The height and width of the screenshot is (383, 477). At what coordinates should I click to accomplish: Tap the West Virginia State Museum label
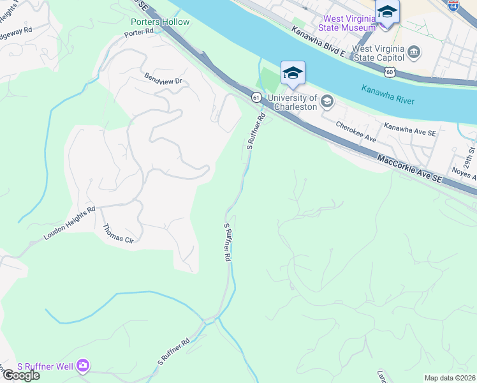pyautogui.click(x=349, y=23)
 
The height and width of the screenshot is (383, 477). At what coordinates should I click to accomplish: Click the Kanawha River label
pyautogui.click(x=388, y=93)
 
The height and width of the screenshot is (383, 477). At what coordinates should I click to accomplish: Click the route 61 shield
pyautogui.click(x=256, y=97)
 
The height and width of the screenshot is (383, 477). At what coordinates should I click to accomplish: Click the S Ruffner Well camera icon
pyautogui.click(x=82, y=366)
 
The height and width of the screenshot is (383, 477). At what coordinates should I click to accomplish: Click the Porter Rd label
pyautogui.click(x=140, y=31)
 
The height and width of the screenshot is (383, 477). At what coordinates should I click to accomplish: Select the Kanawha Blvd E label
pyautogui.click(x=318, y=41)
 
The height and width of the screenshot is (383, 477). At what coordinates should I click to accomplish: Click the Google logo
pyautogui.click(x=20, y=375)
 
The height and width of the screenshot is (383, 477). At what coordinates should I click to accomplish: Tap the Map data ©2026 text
pyautogui.click(x=450, y=378)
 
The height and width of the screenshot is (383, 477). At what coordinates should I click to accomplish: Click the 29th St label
pyautogui.click(x=470, y=153)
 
